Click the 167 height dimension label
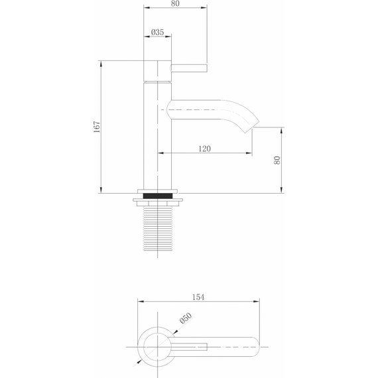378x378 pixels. pyautogui.click(x=97, y=127)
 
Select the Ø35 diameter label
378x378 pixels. pyautogui.click(x=157, y=32)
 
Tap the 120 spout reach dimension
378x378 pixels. pyautogui.click(x=204, y=149)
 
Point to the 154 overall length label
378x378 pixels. pyautogui.click(x=198, y=297)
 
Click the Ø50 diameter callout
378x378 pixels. pyautogui.click(x=186, y=318)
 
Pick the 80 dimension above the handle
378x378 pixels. pyautogui.click(x=175, y=3)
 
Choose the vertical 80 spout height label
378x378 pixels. pyautogui.click(x=277, y=160)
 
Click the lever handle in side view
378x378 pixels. pyautogui.click(x=189, y=68)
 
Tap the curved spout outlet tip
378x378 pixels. pyautogui.click(x=253, y=126)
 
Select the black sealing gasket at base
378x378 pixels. pyautogui.click(x=158, y=196)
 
